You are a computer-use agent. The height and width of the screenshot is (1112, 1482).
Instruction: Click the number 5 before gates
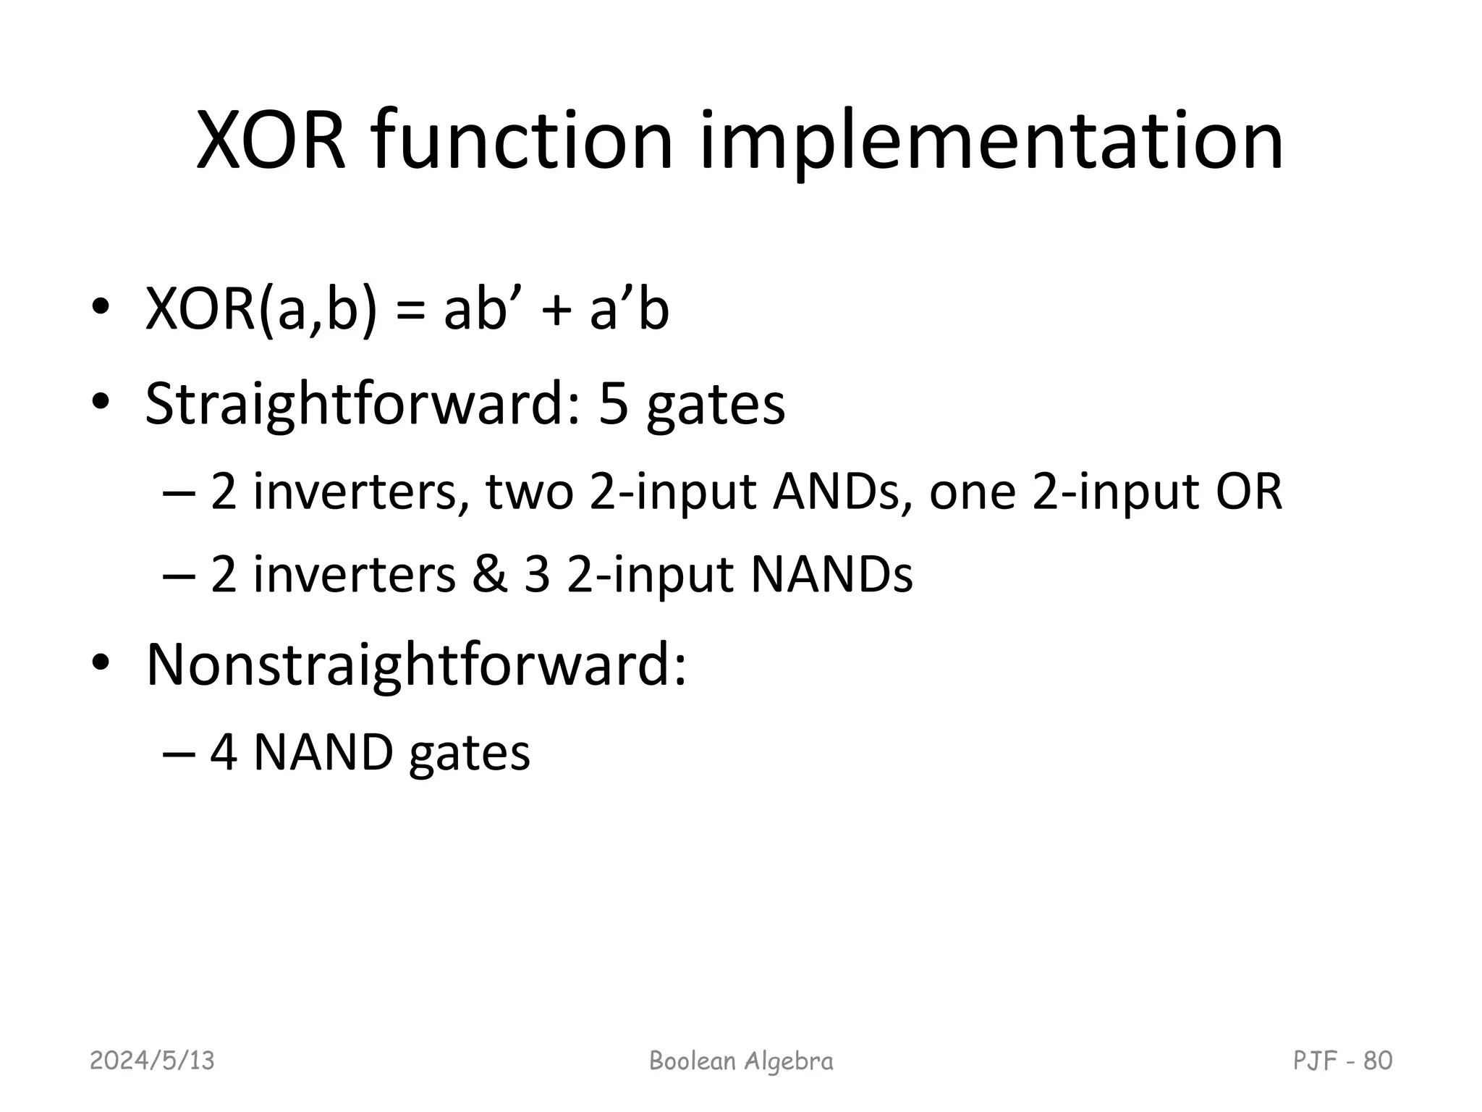point(614,403)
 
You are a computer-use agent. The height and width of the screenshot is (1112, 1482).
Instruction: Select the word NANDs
point(831,576)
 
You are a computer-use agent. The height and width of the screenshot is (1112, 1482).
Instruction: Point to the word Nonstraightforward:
point(416,664)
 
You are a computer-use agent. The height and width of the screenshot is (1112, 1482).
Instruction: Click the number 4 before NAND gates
point(224,753)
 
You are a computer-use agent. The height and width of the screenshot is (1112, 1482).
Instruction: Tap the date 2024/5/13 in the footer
point(152,1061)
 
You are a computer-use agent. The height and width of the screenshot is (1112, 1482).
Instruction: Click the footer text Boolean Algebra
point(741,1061)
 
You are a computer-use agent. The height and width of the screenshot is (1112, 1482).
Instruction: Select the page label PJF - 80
point(1342,1061)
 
